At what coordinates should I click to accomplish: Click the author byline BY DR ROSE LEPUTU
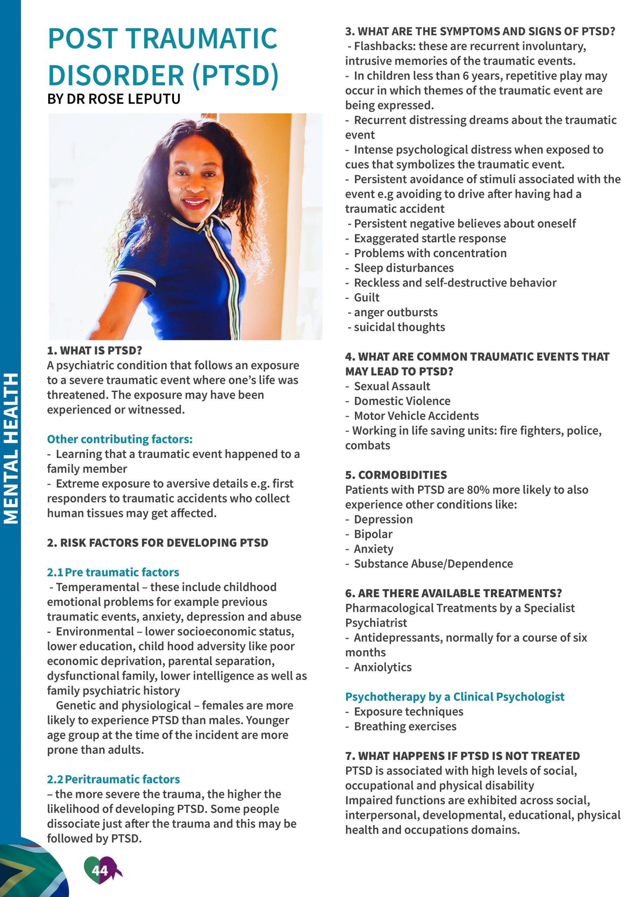(114, 99)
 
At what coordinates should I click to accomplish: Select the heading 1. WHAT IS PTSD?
(94, 350)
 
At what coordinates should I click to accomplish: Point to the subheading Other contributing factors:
(119, 439)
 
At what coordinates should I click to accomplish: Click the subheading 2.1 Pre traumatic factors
(113, 572)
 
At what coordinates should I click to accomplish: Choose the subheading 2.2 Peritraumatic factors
(113, 779)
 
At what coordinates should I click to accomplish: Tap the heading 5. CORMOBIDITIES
(396, 475)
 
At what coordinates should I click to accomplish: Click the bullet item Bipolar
(373, 534)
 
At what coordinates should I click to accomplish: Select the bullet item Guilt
(366, 297)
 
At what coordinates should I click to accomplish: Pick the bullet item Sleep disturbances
(404, 268)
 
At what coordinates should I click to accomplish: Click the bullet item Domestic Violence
(402, 401)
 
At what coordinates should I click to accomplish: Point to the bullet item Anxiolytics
(383, 667)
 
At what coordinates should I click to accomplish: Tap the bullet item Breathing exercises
(405, 726)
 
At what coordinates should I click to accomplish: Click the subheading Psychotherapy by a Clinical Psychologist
(455, 697)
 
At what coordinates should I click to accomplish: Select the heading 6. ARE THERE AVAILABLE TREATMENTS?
(453, 593)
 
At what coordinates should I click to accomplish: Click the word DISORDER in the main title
(116, 75)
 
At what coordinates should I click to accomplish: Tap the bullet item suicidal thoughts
(399, 327)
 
